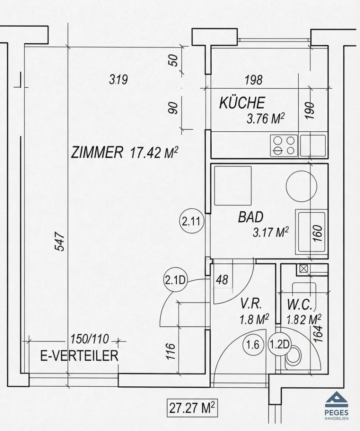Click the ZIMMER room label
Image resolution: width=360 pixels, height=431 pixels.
(96, 153)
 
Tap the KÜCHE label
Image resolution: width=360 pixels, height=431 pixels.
(242, 103)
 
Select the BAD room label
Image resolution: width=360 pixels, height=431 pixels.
(251, 217)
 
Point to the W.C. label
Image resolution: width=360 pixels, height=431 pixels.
(300, 304)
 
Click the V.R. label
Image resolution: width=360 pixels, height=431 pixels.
(251, 304)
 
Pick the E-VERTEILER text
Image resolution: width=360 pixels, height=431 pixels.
(79, 356)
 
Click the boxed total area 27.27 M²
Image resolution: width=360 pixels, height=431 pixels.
(192, 408)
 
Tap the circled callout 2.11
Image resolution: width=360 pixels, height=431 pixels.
(192, 221)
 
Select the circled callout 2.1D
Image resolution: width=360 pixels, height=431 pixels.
(175, 281)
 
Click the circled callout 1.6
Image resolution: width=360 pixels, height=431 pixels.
(253, 344)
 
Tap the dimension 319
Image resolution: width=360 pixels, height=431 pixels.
(118, 80)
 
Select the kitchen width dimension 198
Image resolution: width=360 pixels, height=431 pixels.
(254, 80)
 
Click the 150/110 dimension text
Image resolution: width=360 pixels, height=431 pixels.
(90, 339)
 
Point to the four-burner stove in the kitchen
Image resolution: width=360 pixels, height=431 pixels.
(284, 146)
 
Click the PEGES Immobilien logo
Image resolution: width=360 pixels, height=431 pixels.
(337, 403)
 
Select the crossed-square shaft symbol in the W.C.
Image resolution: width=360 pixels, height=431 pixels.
(303, 268)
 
